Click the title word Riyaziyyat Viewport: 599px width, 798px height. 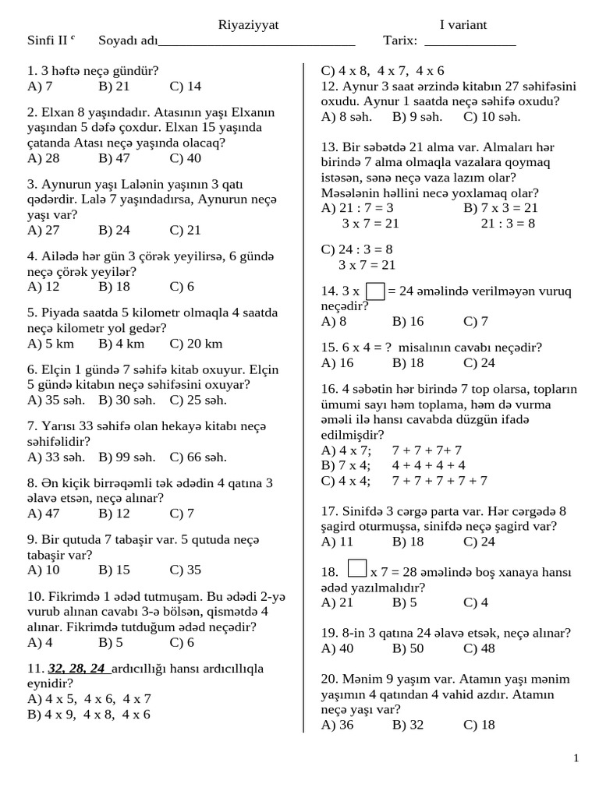[248, 25]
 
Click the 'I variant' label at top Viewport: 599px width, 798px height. [463, 25]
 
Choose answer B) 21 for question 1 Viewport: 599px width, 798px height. [114, 86]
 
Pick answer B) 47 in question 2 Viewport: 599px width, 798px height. [114, 158]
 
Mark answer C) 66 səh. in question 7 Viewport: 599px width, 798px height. [198, 457]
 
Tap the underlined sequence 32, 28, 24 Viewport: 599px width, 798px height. [76, 669]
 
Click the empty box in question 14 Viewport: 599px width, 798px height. [375, 291]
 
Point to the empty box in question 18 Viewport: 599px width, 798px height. [357, 569]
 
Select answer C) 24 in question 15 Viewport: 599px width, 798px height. [479, 362]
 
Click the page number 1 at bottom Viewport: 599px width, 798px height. [576, 758]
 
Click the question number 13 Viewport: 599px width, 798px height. [328, 147]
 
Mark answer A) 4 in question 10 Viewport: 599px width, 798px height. [40, 642]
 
